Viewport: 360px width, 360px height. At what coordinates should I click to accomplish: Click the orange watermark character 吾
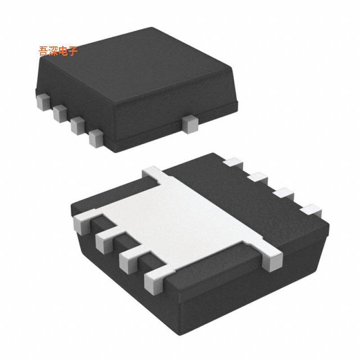(x=44, y=51)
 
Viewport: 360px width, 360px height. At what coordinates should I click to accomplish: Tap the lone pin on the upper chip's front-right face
(x=190, y=125)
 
